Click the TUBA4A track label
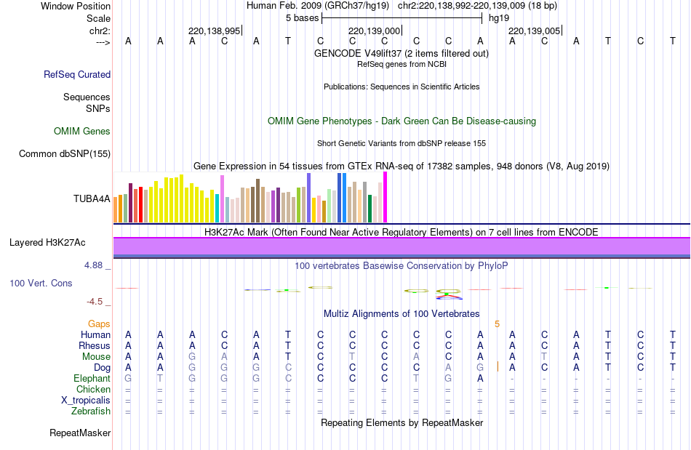(92, 198)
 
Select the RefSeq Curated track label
(77, 74)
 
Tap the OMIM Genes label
(82, 132)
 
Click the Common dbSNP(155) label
(65, 153)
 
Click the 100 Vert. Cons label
(41, 283)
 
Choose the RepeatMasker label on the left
(80, 433)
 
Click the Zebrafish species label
(92, 411)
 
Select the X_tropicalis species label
(86, 401)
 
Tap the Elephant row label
(92, 379)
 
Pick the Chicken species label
(93, 390)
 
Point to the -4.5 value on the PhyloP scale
(95, 302)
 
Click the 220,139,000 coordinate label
(375, 31)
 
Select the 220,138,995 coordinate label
(214, 31)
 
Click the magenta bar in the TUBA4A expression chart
(385, 197)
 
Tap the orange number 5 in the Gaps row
(498, 324)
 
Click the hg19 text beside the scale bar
(499, 17)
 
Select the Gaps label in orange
(99, 324)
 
